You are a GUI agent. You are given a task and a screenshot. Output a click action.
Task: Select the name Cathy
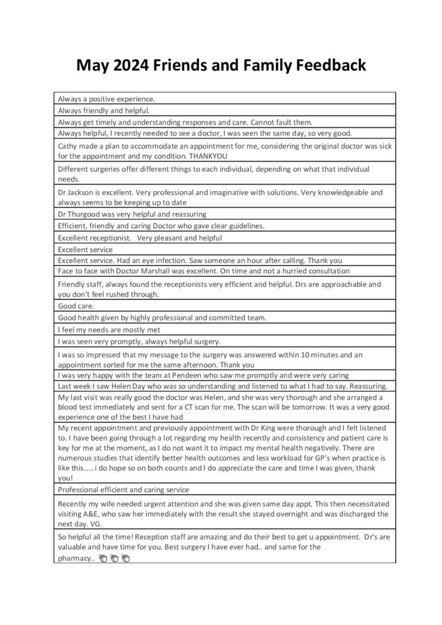click(69, 146)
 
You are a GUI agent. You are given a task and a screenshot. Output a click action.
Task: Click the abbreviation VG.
click(97, 523)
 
